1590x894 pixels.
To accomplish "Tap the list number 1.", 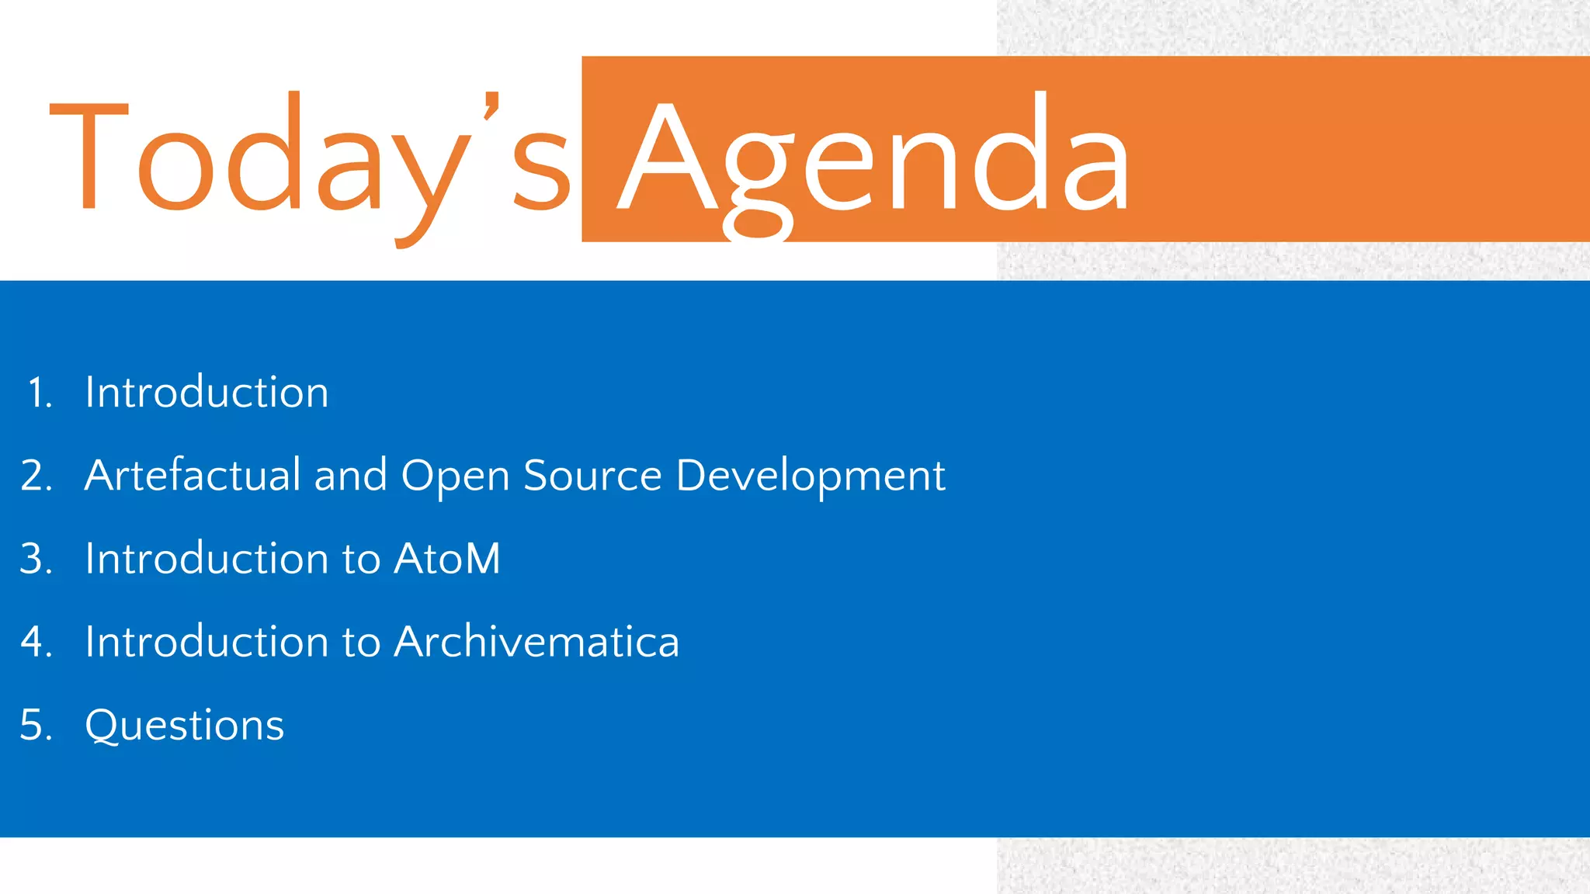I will coord(40,393).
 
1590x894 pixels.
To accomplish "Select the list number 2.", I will coord(36,476).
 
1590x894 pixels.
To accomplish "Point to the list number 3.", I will coord(36,559).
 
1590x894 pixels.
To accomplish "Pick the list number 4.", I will coord(36,642).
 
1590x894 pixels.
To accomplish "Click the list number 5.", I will coord(36,725).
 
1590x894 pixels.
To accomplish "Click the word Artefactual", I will coord(193,475).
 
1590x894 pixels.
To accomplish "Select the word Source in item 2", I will coord(592,475).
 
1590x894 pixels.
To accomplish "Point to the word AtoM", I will coord(447,559).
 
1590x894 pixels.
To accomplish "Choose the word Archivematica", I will coord(536,642).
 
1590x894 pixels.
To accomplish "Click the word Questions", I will coord(185,726).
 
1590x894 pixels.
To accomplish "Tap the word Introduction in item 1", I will coord(207,392).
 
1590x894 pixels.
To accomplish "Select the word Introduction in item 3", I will coord(207,559).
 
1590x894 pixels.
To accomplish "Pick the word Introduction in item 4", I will coord(207,642).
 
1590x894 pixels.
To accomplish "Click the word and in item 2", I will coord(350,475).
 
